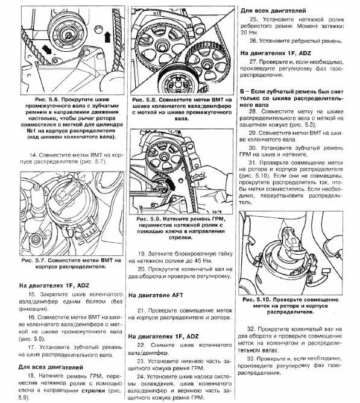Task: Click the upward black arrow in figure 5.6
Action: [107, 37]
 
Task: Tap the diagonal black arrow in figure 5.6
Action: [46, 49]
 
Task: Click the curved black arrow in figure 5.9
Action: [170, 183]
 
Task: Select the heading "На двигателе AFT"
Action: [156, 295]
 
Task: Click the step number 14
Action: [33, 155]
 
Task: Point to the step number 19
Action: [142, 254]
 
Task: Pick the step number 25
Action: [254, 19]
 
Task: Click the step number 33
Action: [251, 358]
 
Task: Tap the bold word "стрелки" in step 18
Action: [93, 390]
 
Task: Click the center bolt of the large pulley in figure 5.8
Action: [162, 48]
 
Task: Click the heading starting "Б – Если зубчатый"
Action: [291, 98]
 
